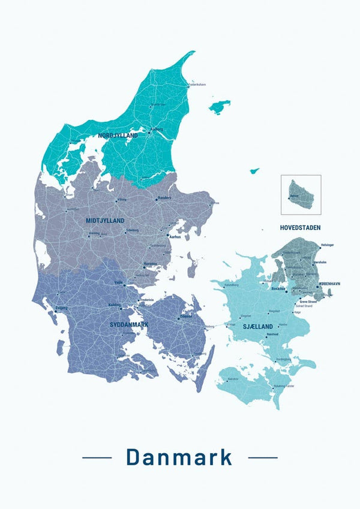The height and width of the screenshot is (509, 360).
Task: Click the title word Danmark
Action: (179, 457)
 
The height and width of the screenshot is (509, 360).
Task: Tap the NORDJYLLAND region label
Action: (118, 135)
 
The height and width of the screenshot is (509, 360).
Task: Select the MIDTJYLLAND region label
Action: (105, 221)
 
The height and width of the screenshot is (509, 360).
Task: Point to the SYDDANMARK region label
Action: (129, 324)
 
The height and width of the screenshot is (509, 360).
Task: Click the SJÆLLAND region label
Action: (259, 326)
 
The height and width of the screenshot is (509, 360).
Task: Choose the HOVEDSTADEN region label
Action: (300, 228)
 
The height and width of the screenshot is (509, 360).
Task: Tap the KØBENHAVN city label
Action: (329, 283)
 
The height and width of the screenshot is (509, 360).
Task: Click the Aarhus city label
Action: (175, 237)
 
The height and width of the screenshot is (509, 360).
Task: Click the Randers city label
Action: (164, 198)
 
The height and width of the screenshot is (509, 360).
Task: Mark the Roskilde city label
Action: (278, 288)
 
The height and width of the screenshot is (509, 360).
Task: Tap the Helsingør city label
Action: (328, 245)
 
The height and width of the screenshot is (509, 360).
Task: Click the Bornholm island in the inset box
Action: (301, 194)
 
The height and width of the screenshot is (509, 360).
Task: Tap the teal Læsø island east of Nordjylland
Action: (220, 107)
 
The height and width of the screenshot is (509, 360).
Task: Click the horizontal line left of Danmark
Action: (97, 457)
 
